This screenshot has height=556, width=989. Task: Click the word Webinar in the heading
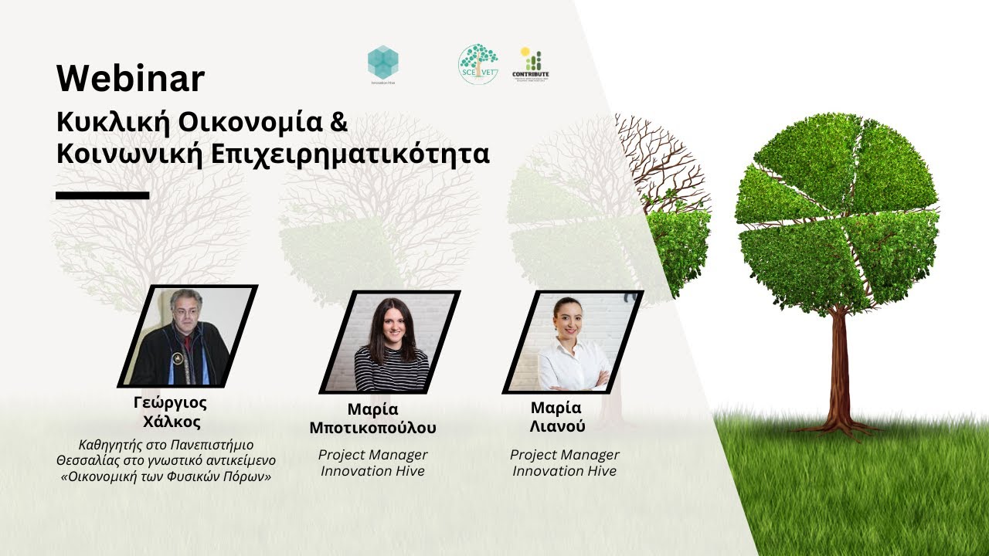[130, 79]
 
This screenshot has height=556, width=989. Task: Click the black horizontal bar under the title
[102, 195]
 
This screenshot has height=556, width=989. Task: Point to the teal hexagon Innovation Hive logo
[382, 61]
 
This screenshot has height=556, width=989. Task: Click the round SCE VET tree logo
[478, 63]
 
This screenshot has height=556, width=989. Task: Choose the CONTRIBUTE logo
[530, 63]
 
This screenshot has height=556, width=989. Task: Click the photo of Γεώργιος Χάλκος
[187, 336]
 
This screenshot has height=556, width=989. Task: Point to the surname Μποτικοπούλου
[372, 428]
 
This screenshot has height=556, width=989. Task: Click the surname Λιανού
[557, 426]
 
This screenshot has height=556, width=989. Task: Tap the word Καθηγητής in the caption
[107, 445]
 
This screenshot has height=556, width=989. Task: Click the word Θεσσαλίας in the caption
[82, 460]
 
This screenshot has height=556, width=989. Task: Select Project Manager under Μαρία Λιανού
[564, 455]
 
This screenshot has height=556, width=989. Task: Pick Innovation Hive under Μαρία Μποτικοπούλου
[372, 471]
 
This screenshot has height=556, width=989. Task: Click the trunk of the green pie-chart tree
[838, 363]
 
